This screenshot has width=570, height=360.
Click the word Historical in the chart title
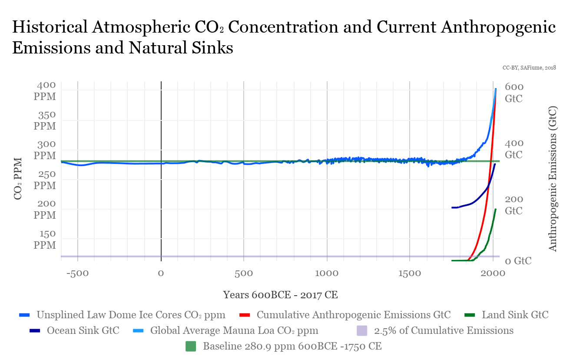(x=50, y=27)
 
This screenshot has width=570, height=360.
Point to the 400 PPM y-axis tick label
(x=45, y=91)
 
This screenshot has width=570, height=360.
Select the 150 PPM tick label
(x=45, y=239)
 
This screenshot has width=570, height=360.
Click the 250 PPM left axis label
(x=45, y=180)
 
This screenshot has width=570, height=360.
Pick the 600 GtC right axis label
(x=514, y=93)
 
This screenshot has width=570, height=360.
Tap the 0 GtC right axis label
(x=518, y=261)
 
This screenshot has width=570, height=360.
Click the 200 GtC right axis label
(x=514, y=204)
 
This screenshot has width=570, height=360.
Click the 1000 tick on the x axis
(x=327, y=273)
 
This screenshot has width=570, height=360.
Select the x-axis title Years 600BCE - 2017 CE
(x=280, y=295)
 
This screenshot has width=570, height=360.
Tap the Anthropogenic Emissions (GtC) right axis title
(x=553, y=178)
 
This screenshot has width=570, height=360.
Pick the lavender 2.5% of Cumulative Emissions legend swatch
(x=361, y=330)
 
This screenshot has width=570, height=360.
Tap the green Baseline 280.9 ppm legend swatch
(x=191, y=347)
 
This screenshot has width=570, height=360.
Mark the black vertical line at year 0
(x=161, y=209)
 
